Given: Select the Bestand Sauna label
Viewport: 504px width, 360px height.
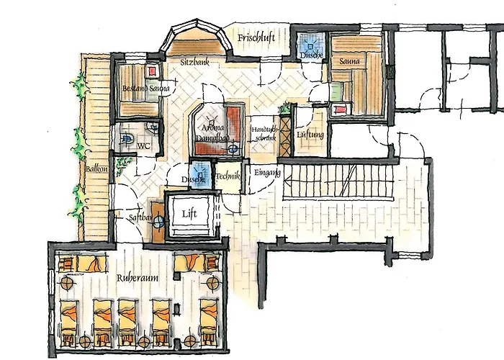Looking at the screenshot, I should click(145, 89).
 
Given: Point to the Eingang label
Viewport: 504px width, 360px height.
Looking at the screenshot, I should click(266, 172).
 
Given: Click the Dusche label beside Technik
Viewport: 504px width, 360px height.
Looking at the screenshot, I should click(194, 179).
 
